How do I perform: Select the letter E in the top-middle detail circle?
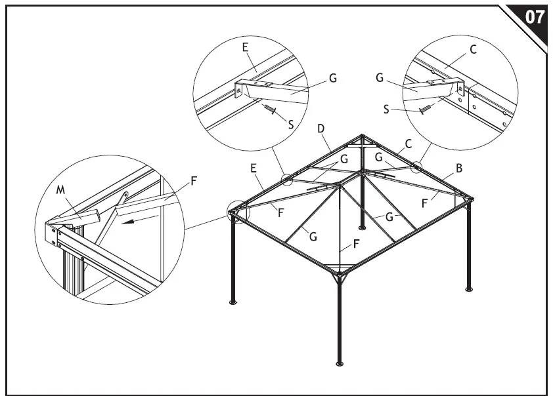(245, 48)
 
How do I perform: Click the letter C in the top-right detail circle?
(473, 49)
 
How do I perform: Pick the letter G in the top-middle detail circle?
(333, 78)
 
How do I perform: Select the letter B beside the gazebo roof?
(459, 168)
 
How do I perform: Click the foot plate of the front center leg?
(339, 363)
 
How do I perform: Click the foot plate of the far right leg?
(468, 288)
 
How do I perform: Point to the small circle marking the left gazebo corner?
(234, 212)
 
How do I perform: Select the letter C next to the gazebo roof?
(408, 144)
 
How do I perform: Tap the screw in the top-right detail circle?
(426, 108)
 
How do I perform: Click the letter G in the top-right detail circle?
(380, 77)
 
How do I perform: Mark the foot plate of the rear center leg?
(362, 228)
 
